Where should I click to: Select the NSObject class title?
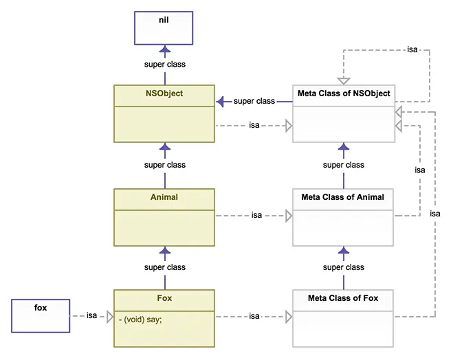click(x=164, y=93)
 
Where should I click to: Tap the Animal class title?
click(x=164, y=197)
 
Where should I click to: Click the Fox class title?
click(x=164, y=298)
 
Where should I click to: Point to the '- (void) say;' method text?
click(x=141, y=319)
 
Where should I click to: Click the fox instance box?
click(x=41, y=315)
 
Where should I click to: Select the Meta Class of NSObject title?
click(x=344, y=93)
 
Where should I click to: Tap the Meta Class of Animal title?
click(x=343, y=197)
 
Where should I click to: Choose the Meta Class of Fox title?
click(x=343, y=298)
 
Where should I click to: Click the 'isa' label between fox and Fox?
click(x=92, y=315)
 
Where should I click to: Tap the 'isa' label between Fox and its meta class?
click(x=254, y=316)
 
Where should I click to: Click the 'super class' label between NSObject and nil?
click(x=164, y=65)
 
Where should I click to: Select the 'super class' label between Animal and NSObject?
click(x=164, y=165)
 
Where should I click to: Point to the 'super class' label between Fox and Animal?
click(x=164, y=267)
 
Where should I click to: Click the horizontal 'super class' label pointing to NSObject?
click(x=254, y=101)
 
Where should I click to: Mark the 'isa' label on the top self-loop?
click(x=412, y=49)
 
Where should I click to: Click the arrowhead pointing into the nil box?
click(x=164, y=49)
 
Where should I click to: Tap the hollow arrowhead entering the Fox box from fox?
click(x=109, y=316)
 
